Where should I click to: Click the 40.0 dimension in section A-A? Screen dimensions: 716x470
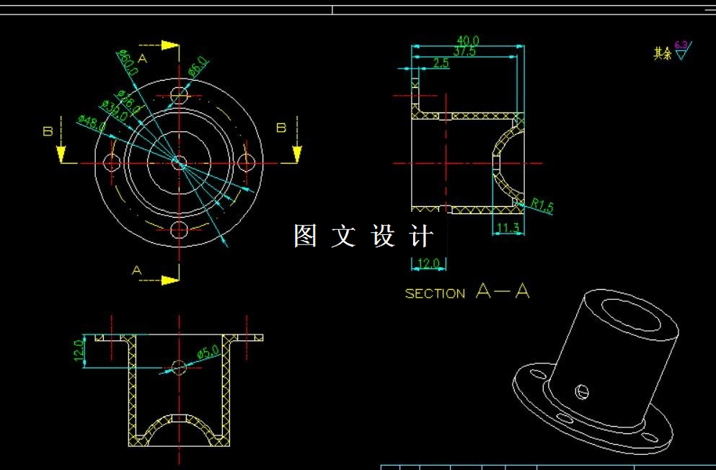pyautogui.click(x=468, y=40)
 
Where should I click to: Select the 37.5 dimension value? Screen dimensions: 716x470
pyautogui.click(x=465, y=51)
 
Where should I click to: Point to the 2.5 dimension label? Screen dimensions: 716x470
pyautogui.click(x=441, y=63)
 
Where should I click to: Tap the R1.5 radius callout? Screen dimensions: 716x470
pyautogui.click(x=542, y=206)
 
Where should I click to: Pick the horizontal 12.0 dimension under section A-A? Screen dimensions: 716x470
pyautogui.click(x=428, y=264)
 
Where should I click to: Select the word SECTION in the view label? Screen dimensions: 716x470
pyautogui.click(x=435, y=293)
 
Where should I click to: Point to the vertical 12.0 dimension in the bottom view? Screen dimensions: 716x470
pyautogui.click(x=79, y=351)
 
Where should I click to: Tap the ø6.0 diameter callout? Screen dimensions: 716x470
pyautogui.click(x=198, y=67)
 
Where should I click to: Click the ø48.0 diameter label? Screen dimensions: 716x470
pyautogui.click(x=91, y=123)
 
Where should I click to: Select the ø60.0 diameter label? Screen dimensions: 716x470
pyautogui.click(x=128, y=63)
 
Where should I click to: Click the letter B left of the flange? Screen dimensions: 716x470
pyautogui.click(x=48, y=131)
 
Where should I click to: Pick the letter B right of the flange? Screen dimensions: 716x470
pyautogui.click(x=281, y=128)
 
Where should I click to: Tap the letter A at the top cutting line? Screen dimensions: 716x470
pyautogui.click(x=142, y=58)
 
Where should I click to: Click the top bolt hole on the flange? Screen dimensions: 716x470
pyautogui.click(x=179, y=94)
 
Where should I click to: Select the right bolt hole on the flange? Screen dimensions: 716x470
pyautogui.click(x=247, y=163)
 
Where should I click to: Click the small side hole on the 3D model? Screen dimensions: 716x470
pyautogui.click(x=582, y=391)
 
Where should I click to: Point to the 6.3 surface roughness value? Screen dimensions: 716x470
pyautogui.click(x=681, y=45)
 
